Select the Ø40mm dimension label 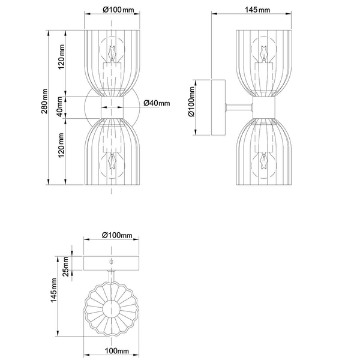click(157, 103)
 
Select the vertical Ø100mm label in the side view click(191, 106)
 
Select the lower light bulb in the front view click(113, 164)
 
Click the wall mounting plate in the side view click(217, 107)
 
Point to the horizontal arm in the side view click(238, 107)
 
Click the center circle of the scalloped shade click(112, 309)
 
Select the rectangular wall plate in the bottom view click(112, 263)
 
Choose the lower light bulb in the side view click(263, 164)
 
